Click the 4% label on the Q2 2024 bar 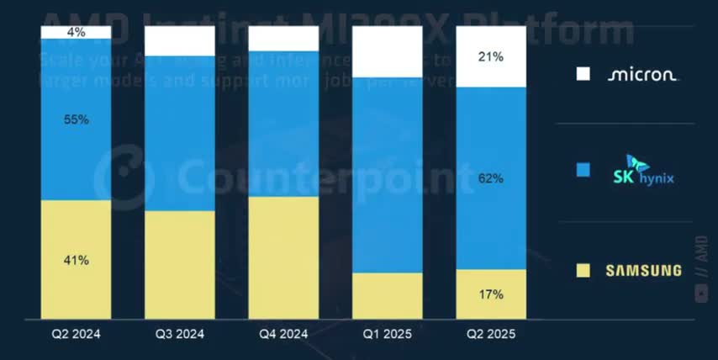coord(76,33)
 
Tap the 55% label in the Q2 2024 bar coord(76,119)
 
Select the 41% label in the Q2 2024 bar coord(76,261)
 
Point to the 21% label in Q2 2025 coord(491,57)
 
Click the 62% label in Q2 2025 coord(491,178)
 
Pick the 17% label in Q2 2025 coord(491,294)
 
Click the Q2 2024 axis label coord(76,334)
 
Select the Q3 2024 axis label coord(179,334)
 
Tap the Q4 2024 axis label coord(283,334)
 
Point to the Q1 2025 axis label coord(387,334)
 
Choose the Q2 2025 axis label coord(491,334)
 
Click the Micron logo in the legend coord(642,75)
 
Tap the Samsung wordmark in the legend coord(643,270)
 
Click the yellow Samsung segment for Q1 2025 coord(387,296)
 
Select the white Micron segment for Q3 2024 coord(179,40)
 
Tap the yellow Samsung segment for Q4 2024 coord(283,257)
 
